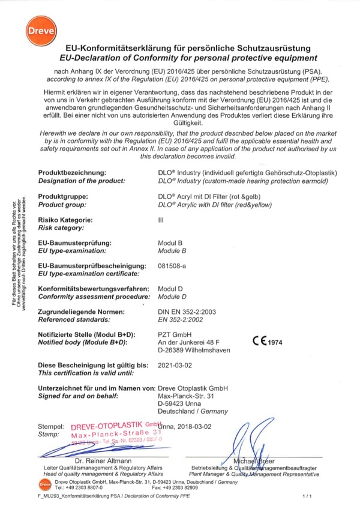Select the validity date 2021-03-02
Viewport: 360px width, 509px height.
coord(173,365)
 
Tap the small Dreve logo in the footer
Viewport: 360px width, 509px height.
coord(43,483)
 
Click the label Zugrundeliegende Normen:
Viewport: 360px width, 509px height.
coord(81,311)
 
